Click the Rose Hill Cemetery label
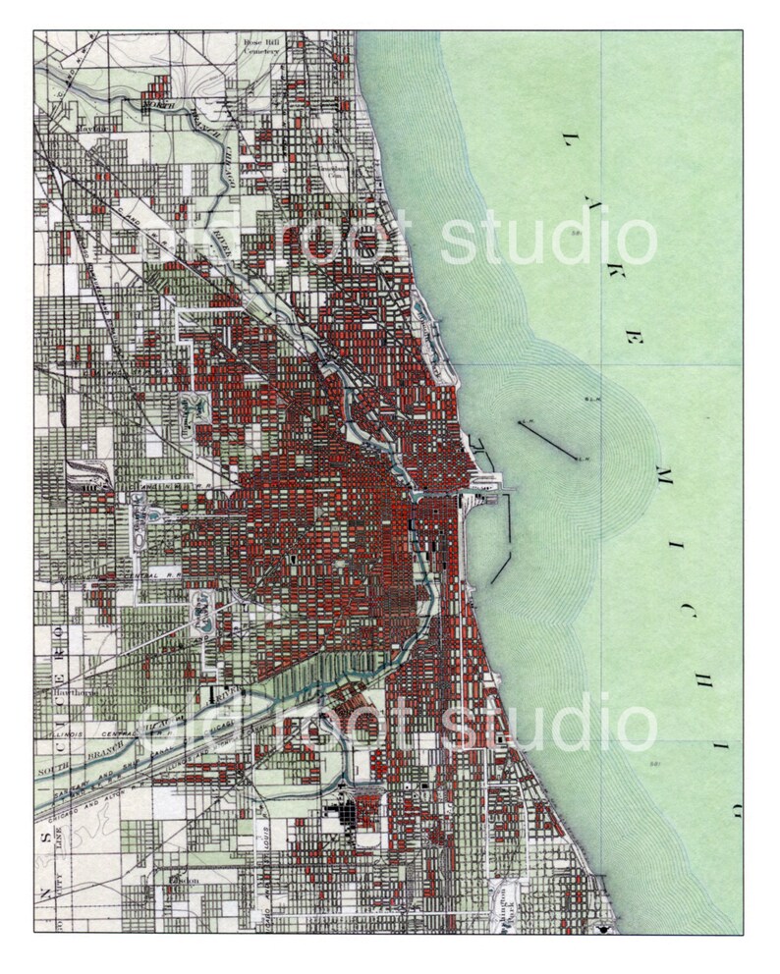click(x=262, y=47)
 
